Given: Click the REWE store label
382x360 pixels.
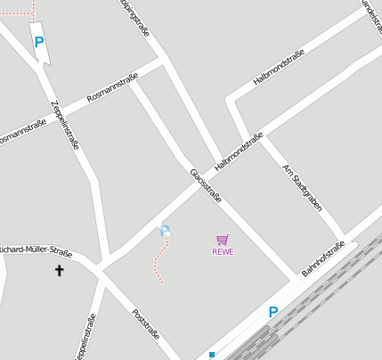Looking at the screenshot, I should pos(223,251).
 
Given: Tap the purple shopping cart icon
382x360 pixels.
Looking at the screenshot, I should pos(222,239).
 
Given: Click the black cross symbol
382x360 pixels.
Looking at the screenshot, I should pos(61,269).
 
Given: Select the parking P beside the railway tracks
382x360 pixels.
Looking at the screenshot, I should pos(273,312).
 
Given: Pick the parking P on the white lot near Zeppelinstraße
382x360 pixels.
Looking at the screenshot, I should pos(38,42).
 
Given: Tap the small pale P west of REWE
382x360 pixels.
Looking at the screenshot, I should pos(165,232).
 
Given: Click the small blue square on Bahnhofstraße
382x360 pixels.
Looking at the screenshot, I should pos(212,354).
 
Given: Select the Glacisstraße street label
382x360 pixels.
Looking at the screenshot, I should pos(205,185).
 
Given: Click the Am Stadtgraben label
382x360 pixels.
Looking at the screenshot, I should pos(301,187).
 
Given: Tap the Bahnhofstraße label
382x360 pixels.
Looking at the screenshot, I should pos(322,258).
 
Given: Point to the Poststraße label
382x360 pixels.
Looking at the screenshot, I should pos(145,325).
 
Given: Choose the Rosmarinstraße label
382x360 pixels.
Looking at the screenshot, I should pos(112,86).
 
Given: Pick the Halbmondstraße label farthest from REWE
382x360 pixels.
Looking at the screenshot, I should pos(278,68).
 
